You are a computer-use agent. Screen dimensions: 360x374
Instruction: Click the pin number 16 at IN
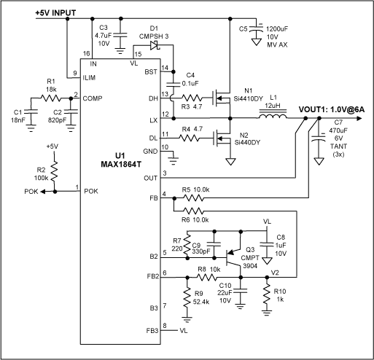(x=87, y=54)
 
